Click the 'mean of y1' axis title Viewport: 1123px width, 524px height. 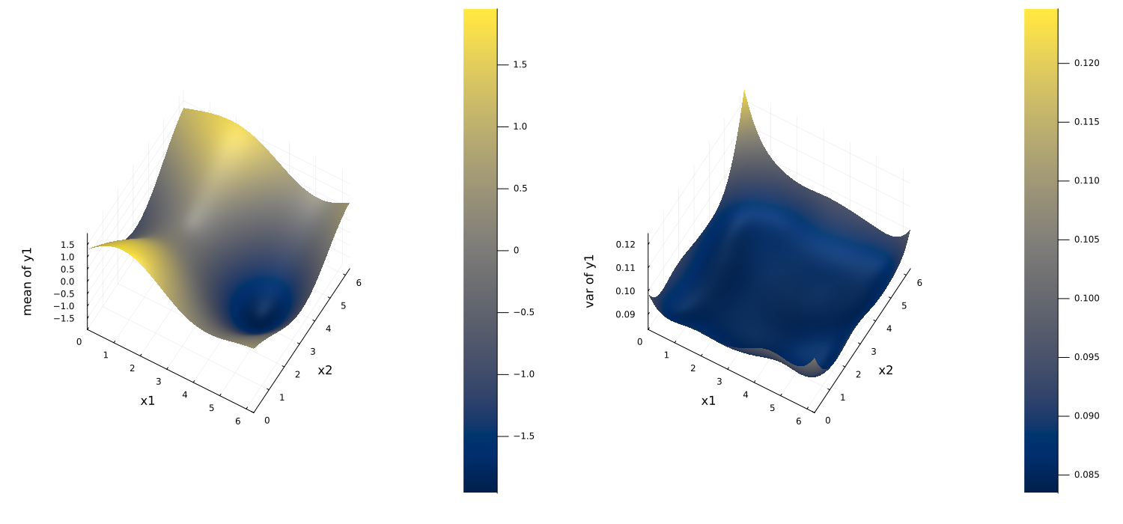(x=27, y=281)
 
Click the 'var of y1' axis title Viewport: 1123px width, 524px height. (x=589, y=281)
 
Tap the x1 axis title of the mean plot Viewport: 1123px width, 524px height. (x=147, y=400)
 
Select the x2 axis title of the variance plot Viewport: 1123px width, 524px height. (x=886, y=370)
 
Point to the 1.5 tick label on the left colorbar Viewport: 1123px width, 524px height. (x=520, y=64)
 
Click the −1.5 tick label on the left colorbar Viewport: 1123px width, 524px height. (x=524, y=436)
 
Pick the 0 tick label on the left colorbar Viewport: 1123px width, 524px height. (x=517, y=250)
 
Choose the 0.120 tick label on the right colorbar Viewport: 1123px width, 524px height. (x=1086, y=63)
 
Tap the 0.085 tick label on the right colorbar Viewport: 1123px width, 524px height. (x=1086, y=475)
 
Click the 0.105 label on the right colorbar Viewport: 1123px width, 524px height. (x=1086, y=240)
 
